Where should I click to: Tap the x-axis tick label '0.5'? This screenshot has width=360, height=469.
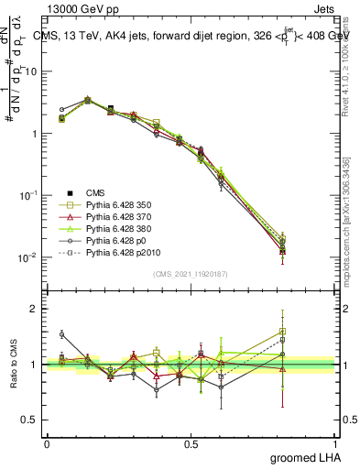coord(191,443)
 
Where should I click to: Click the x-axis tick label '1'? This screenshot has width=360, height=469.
coord(334,443)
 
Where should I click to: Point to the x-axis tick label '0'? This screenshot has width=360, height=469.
coord(47,443)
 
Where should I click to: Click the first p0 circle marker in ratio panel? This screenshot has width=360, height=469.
coord(61,334)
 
